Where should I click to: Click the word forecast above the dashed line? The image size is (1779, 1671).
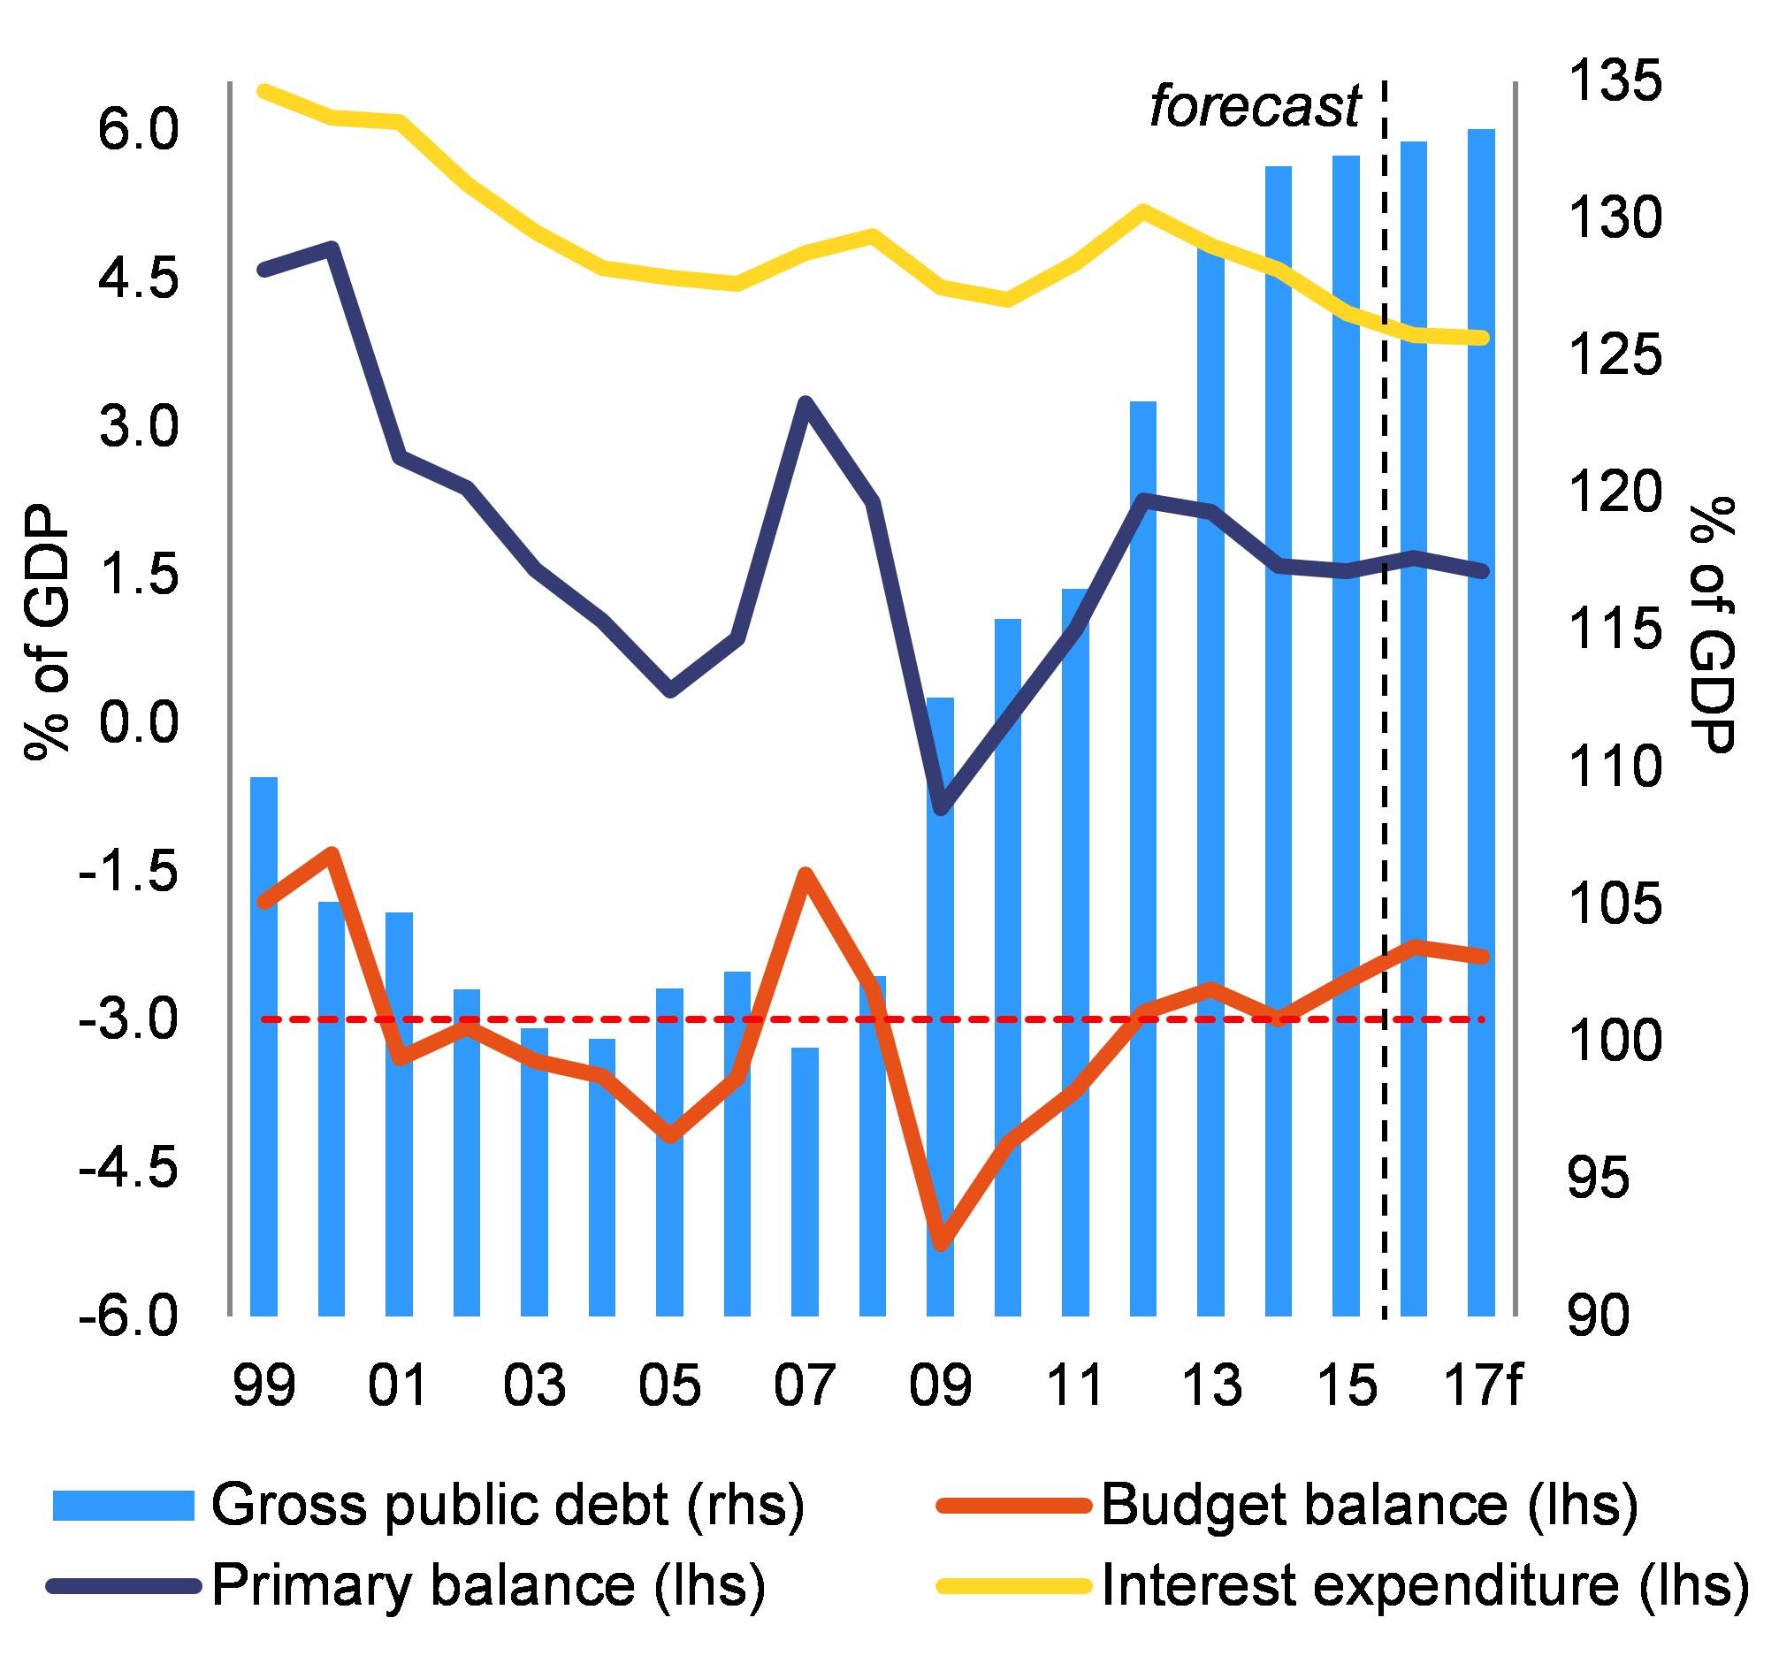pyautogui.click(x=1254, y=107)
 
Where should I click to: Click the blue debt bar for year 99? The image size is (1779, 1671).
pyautogui.click(x=264, y=1046)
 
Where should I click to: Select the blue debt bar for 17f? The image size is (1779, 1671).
pyautogui.click(x=1482, y=722)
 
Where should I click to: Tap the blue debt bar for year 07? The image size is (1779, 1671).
pyautogui.click(x=806, y=1181)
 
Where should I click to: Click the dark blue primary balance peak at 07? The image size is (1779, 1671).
pyautogui.click(x=806, y=402)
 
